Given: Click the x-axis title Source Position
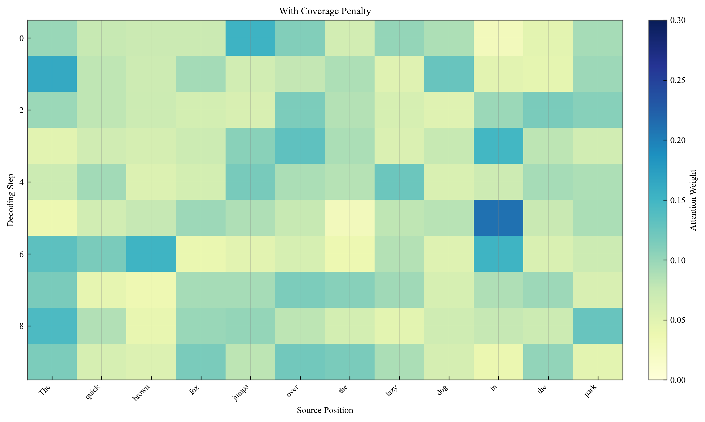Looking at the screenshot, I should [x=325, y=410].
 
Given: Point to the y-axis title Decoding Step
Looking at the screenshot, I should [x=10, y=200].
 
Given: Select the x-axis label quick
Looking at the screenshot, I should [x=93, y=392].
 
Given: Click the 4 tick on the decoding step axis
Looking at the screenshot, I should [x=21, y=182].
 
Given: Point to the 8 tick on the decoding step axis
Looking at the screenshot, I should [x=21, y=326].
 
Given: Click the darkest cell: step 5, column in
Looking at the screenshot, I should [x=498, y=218].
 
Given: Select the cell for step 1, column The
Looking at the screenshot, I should [x=52, y=74].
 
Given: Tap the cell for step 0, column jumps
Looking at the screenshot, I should [x=250, y=38].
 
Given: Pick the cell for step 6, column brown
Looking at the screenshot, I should [x=151, y=254].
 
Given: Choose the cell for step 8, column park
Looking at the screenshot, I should [x=597, y=326].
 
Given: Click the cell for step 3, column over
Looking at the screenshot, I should [x=300, y=146].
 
